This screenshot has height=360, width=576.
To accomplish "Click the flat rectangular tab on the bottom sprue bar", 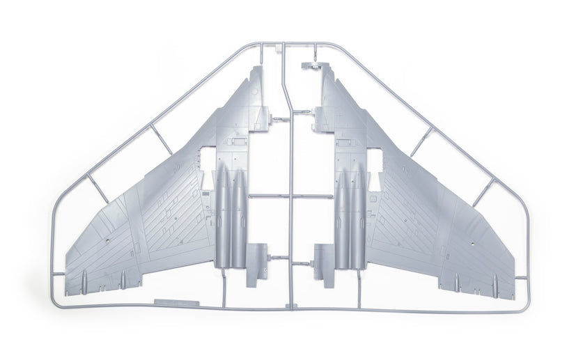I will [x=174, y=304].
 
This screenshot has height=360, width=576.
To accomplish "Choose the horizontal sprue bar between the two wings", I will [x=288, y=194].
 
